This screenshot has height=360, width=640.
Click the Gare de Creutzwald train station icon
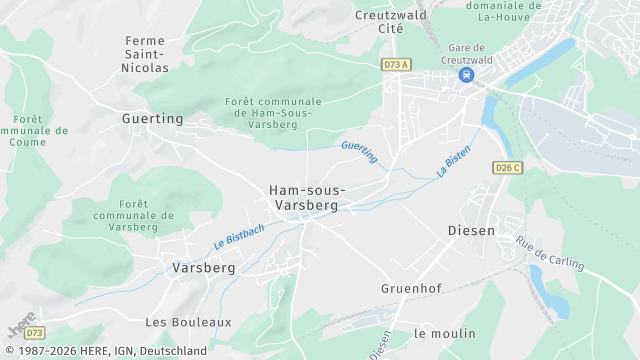(466, 75)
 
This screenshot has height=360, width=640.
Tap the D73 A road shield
(395, 64)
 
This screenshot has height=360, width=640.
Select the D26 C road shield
(508, 168)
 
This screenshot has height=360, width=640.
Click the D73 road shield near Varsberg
(35, 332)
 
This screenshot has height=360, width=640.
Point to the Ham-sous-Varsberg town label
(307, 197)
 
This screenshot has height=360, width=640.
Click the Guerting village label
(153, 118)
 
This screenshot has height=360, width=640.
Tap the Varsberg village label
(203, 268)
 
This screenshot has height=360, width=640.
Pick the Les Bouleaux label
(188, 322)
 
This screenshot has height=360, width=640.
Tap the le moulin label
(445, 333)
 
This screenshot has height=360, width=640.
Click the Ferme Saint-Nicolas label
(146, 54)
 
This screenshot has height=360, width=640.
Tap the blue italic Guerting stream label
(359, 152)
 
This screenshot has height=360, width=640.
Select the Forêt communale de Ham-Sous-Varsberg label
(274, 113)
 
